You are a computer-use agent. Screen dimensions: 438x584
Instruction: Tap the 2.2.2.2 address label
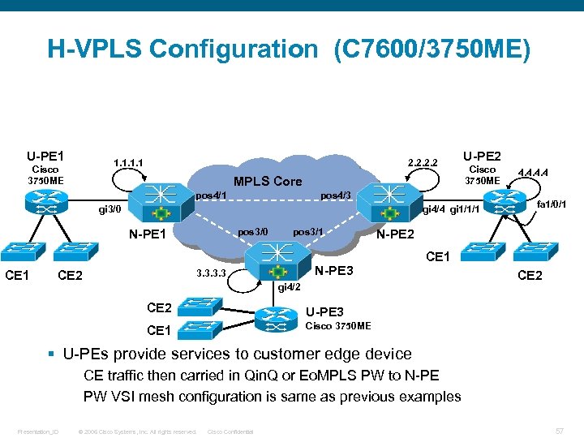click(423, 163)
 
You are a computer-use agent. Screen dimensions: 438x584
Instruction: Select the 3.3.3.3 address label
click(207, 274)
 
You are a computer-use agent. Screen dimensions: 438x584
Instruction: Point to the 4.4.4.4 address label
click(533, 172)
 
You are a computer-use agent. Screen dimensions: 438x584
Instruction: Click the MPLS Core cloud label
click(267, 181)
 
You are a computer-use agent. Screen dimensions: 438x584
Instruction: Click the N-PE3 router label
click(333, 270)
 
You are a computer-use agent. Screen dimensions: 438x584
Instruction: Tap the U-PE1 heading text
click(45, 156)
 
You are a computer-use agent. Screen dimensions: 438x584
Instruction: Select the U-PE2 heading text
click(482, 156)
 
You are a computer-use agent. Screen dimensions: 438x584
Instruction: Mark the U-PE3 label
click(324, 311)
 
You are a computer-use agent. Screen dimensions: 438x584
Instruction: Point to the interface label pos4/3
click(335, 195)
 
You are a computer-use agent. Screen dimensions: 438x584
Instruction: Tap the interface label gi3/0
click(109, 209)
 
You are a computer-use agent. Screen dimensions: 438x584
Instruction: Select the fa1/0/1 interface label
click(551, 203)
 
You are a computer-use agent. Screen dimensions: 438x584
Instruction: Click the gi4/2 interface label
click(290, 287)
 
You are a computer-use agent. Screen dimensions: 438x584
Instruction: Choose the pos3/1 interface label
click(308, 232)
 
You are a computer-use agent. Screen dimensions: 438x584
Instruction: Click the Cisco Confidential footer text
click(231, 431)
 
